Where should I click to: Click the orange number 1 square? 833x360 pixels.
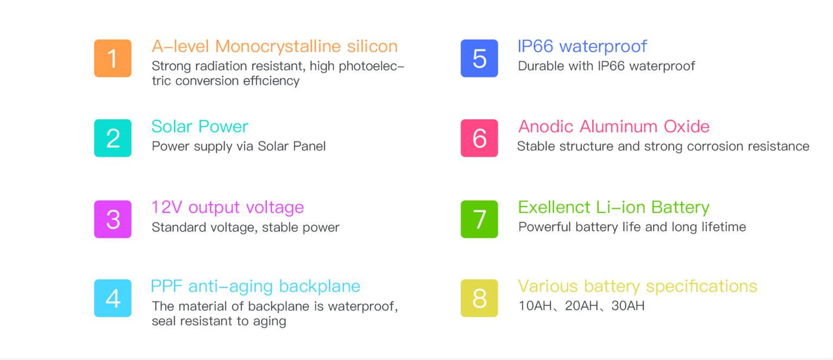tap(113, 58)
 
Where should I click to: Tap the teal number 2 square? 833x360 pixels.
tap(113, 138)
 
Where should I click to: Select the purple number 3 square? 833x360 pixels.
tap(113, 219)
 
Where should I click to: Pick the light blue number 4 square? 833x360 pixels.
tap(113, 298)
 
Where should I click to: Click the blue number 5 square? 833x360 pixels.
tap(479, 58)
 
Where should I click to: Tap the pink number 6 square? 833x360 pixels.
tap(479, 138)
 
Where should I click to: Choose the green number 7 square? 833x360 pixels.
tap(479, 219)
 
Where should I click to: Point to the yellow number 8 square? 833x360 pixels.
tap(479, 298)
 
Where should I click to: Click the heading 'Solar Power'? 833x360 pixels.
tap(200, 127)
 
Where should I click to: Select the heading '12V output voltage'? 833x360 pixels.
tap(227, 207)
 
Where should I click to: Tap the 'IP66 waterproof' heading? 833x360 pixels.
tap(582, 47)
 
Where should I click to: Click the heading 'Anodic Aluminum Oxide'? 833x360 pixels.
tap(613, 127)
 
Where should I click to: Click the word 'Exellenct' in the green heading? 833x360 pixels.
tap(554, 207)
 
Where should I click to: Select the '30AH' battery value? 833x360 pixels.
tap(628, 306)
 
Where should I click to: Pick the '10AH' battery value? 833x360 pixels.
tap(535, 306)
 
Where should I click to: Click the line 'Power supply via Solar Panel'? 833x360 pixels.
tap(239, 146)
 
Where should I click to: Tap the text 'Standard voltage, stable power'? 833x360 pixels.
tap(245, 227)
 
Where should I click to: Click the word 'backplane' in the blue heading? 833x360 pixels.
tap(319, 286)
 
